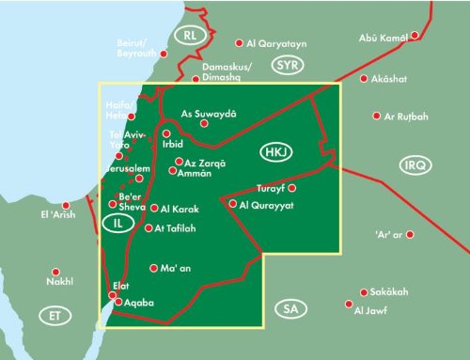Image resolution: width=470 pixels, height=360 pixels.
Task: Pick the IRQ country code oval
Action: [x=414, y=165]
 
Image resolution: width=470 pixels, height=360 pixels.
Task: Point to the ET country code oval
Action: [x=54, y=316]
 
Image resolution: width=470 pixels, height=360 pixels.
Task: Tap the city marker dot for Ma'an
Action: [x=153, y=269]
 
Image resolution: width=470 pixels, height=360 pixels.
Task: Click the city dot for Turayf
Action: [x=292, y=188]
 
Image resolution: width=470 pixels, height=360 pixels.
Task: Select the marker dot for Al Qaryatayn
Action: [x=239, y=42]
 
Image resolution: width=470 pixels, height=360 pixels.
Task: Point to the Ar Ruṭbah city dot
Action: [x=377, y=117]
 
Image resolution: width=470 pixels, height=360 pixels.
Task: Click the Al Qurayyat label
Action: [x=267, y=204]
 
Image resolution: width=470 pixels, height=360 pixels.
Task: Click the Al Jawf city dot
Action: [x=349, y=305]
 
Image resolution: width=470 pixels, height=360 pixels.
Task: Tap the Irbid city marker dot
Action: [x=167, y=134]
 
